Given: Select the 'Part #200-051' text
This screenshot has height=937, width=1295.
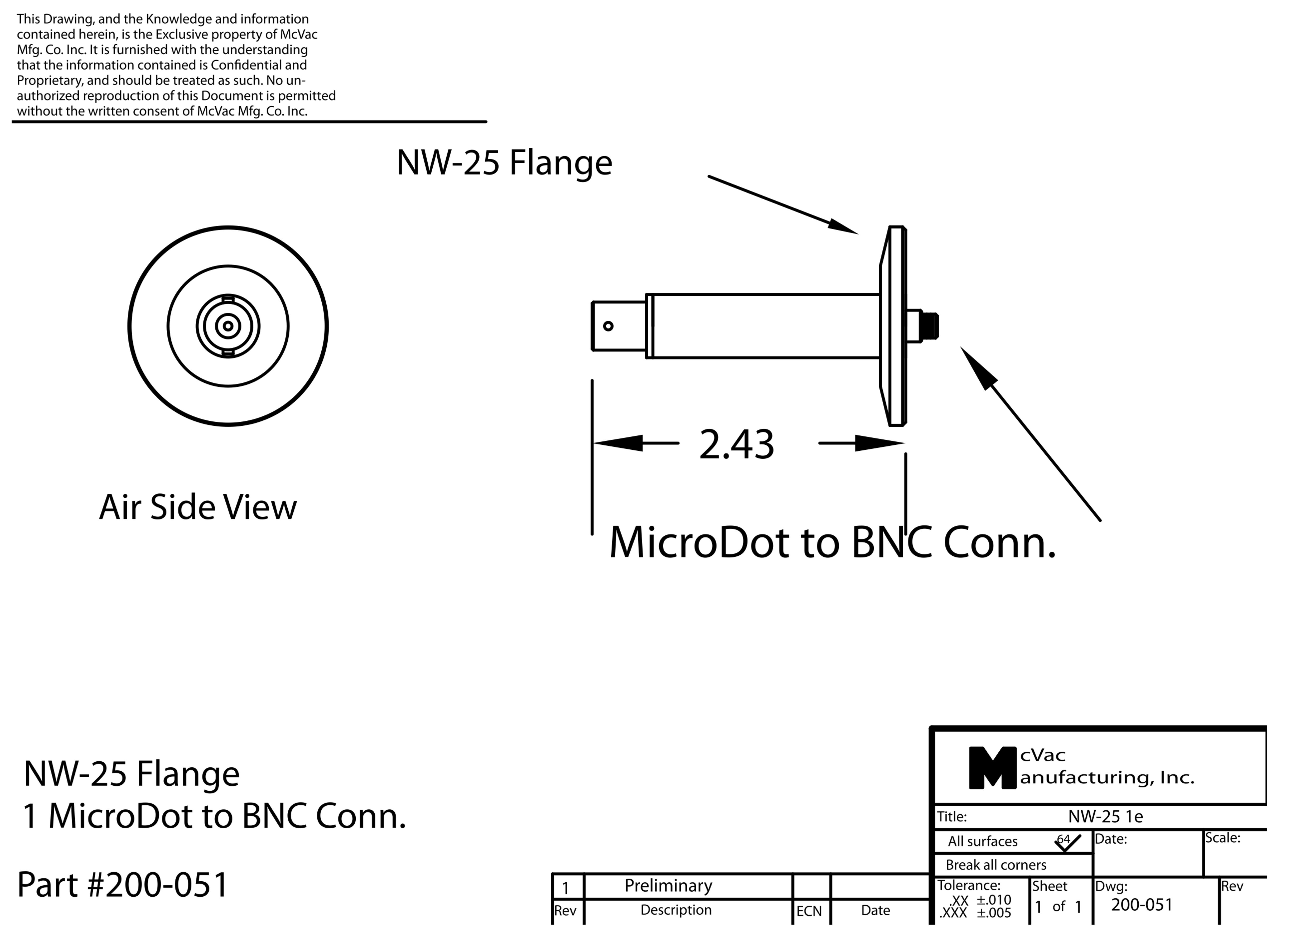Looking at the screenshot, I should pos(123,885).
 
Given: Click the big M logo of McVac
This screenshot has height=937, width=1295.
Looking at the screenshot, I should pos(992,768).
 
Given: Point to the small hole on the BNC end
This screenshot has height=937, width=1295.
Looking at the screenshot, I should pos(608,326).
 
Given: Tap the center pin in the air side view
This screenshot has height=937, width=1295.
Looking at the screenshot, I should pos(228,326).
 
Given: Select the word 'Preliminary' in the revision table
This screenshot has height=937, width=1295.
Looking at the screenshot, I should pos(668,886).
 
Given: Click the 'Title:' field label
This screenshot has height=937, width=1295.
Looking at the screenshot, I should pos(952,816).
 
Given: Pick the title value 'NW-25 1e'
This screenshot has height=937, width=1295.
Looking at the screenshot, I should pos(1105,816).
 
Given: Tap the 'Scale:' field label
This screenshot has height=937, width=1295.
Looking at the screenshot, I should pos(1222,838).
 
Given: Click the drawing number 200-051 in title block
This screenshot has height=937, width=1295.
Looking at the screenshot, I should pos(1141,905).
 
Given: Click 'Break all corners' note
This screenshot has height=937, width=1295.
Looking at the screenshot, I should pos(996,864).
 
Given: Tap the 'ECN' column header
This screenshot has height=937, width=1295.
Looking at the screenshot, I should pos(809,911).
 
